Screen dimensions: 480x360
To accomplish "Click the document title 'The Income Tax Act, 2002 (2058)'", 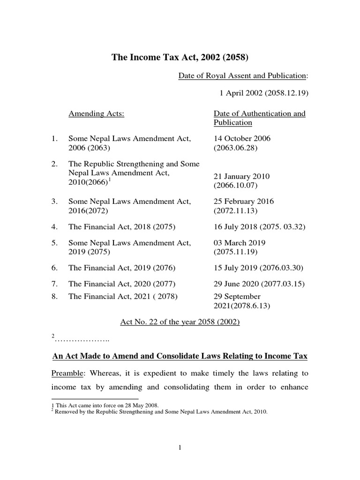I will point(180,58).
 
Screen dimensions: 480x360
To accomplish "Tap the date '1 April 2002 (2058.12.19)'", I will point(264,93).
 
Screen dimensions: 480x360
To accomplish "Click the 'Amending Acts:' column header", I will point(97,113).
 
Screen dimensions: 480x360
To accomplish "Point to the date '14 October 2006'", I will point(242,139).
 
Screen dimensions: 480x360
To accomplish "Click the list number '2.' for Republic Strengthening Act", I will point(55,164).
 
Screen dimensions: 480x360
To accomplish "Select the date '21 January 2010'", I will point(242,177).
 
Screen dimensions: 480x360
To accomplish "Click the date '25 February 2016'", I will point(244,202).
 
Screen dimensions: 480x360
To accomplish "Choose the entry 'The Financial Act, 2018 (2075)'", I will point(121,227).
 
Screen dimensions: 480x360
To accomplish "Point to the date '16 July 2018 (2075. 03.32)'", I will point(259,227).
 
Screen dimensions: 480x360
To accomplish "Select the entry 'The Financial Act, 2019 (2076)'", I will point(121,268).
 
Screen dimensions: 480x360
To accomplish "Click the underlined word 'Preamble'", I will point(67,375).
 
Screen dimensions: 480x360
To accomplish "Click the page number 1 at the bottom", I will point(180,448).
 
